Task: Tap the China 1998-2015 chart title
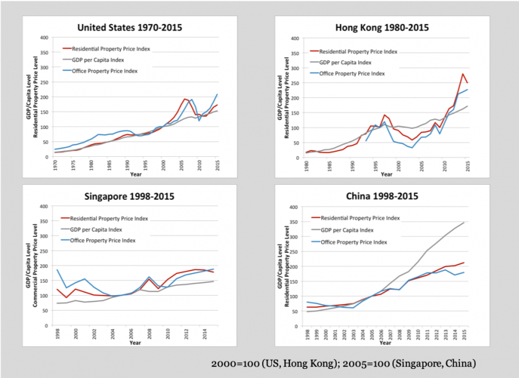[x=381, y=196]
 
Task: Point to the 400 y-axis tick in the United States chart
[x=44, y=37]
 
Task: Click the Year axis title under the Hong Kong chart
[x=387, y=174]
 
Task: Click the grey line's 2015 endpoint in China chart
[x=463, y=222]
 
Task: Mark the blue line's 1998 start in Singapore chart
[x=57, y=270]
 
